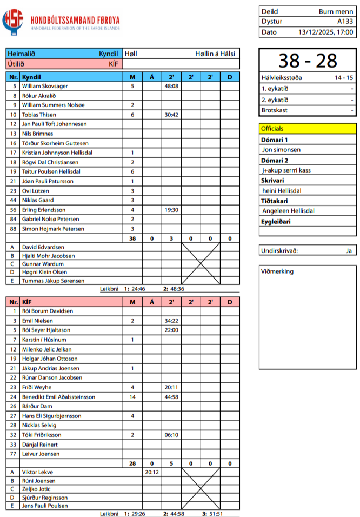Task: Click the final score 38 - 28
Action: tap(307, 61)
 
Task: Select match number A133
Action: tap(345, 22)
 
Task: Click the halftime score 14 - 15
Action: tap(344, 78)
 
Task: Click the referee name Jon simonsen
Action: tap(281, 150)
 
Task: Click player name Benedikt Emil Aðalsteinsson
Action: tap(58, 397)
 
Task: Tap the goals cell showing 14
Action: tap(132, 397)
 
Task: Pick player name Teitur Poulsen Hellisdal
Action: tap(51, 171)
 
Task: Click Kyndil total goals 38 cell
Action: tap(132, 238)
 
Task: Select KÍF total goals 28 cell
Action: tap(132, 463)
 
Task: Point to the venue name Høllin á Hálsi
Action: tap(215, 54)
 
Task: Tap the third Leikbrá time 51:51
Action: tap(216, 514)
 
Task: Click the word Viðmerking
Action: tap(277, 271)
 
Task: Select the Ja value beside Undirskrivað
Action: tap(349, 251)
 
